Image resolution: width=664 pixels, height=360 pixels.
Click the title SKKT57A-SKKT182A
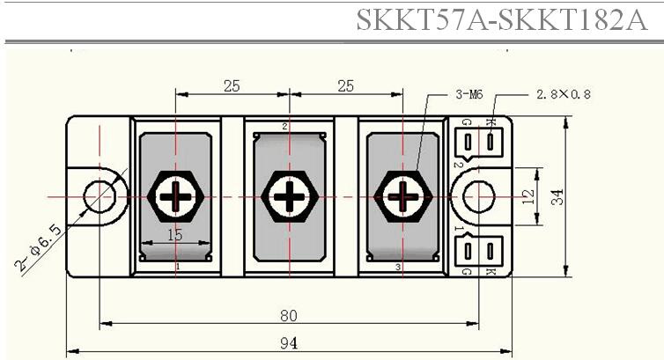click(502, 19)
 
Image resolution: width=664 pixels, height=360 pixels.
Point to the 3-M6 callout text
click(468, 94)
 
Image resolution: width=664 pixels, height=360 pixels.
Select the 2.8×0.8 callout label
click(564, 94)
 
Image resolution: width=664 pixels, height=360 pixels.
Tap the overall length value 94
click(289, 343)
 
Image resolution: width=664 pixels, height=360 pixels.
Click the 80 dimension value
click(289, 316)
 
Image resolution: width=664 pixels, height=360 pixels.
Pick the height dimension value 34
click(557, 197)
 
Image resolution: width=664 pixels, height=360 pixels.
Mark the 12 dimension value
click(528, 197)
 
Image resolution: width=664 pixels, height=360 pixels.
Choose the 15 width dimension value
click(175, 235)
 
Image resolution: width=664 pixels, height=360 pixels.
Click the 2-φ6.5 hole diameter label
click(38, 248)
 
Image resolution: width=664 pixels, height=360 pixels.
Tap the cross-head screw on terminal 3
click(402, 196)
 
